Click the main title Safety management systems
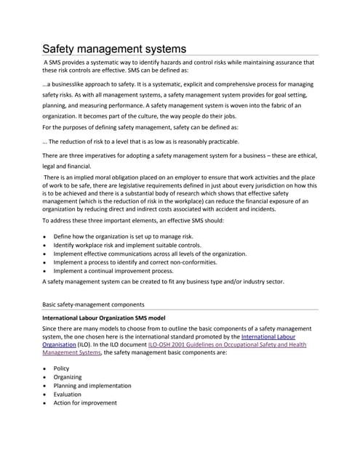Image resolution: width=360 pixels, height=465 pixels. coord(114,49)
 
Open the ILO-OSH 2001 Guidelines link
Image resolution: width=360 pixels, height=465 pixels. coord(227,345)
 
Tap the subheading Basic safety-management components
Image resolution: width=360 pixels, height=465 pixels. coord(93,304)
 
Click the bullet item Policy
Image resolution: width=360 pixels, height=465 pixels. coord(62,368)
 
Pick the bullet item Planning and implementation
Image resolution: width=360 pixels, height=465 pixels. coord(92,386)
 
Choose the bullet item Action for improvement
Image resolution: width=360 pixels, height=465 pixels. coord(85,403)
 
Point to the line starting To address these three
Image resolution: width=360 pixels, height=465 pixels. coord(133,220)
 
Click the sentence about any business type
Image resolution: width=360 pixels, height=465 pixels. coord(163,281)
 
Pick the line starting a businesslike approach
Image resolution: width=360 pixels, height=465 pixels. coord(177,85)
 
